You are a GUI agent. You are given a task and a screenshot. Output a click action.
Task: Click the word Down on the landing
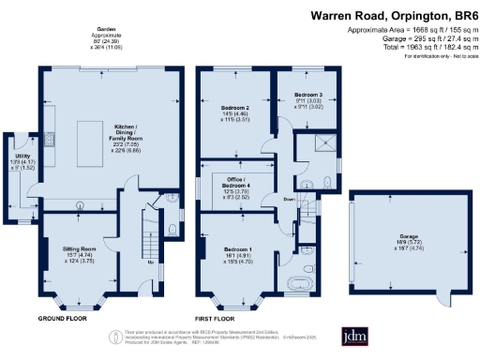pyautogui.click(x=291, y=199)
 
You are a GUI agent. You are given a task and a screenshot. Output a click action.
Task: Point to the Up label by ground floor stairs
pyautogui.click(x=153, y=262)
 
